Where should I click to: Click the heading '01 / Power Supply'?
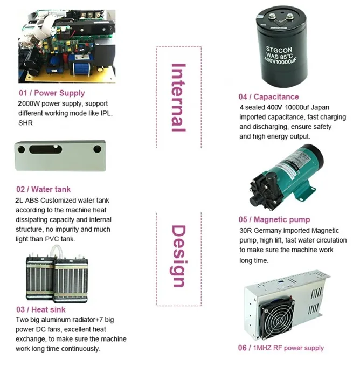point(52,93)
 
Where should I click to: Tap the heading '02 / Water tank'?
point(44,189)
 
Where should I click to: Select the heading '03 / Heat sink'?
point(41,309)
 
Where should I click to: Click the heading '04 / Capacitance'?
point(269,97)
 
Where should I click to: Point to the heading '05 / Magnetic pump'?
point(274,219)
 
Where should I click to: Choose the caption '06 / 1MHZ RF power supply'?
point(281,348)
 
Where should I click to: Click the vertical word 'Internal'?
point(178,98)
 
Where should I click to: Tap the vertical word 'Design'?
point(178,256)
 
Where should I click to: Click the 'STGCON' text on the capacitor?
point(279,50)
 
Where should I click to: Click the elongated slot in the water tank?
point(46,149)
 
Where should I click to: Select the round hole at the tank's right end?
point(97,149)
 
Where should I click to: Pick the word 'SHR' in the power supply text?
point(25,123)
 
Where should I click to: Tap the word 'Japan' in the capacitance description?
point(320,107)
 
